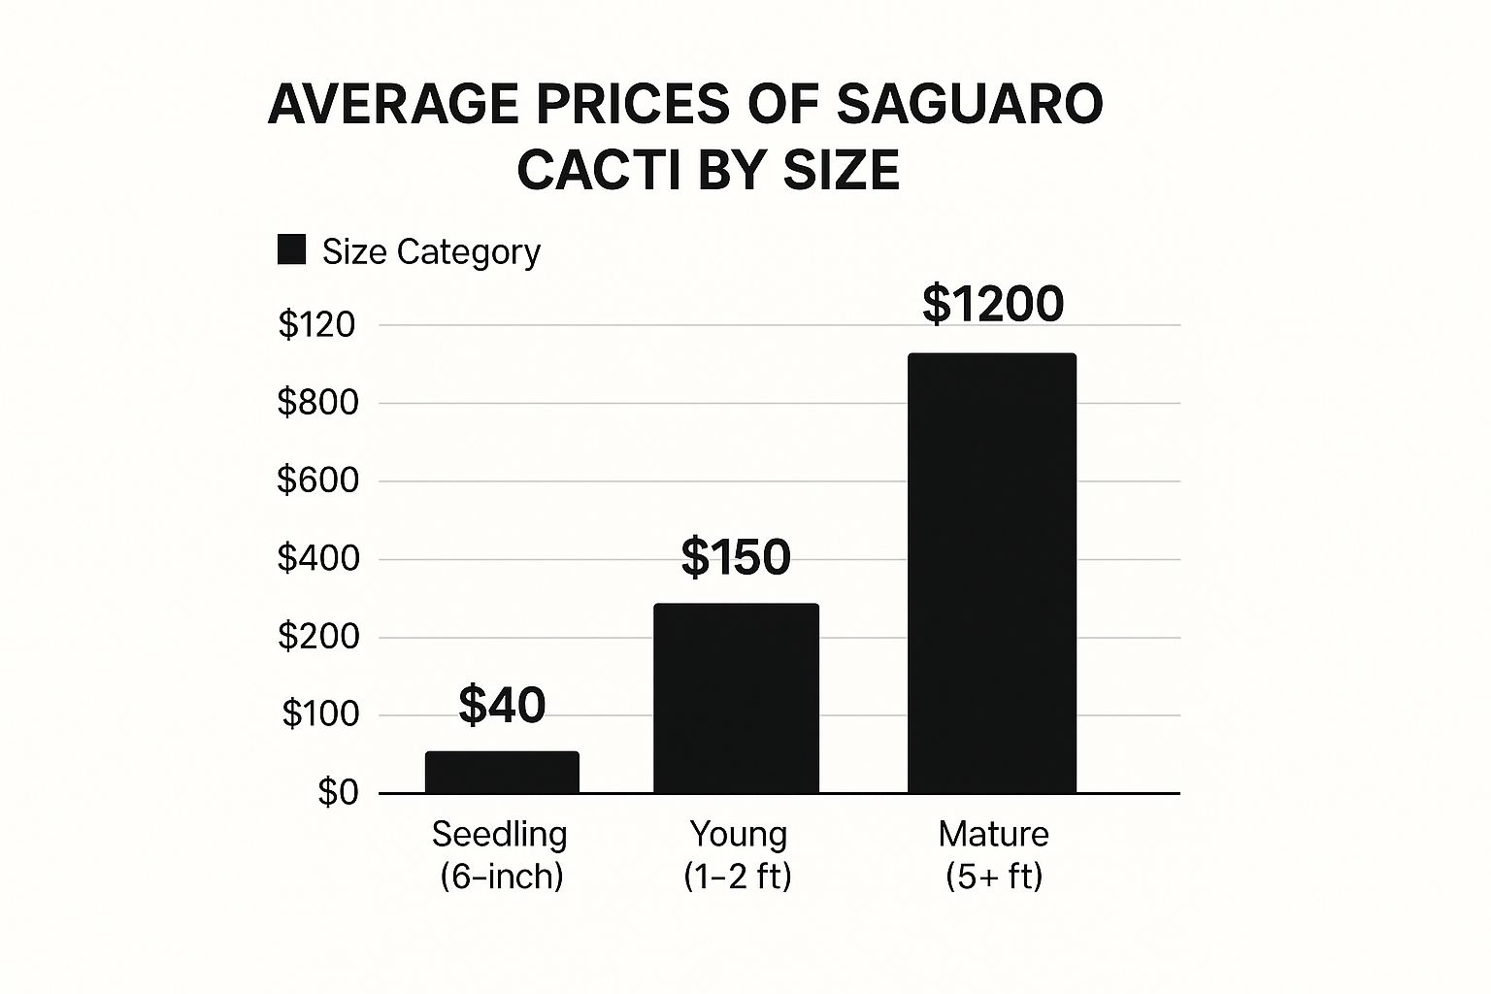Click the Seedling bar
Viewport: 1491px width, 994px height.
[x=502, y=772]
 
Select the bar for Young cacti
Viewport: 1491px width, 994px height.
[x=736, y=698]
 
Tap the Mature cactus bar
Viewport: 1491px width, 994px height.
[x=992, y=573]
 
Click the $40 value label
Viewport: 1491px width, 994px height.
[x=502, y=705]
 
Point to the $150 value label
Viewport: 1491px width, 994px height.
[x=736, y=557]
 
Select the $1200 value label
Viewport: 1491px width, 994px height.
[x=992, y=304]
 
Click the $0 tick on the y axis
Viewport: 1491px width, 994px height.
[x=338, y=793]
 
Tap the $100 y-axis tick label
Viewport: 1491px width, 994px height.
[x=320, y=714]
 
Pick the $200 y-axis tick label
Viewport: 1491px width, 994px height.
[x=318, y=637]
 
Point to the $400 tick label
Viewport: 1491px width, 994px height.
[x=318, y=558]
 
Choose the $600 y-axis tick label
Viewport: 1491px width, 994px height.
[x=318, y=480]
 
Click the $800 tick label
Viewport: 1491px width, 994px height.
[x=318, y=402]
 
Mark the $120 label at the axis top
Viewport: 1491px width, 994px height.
[x=317, y=324]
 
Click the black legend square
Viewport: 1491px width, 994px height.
[x=291, y=249]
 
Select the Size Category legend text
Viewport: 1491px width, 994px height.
[x=431, y=252]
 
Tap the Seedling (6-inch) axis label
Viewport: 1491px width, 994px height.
[x=501, y=855]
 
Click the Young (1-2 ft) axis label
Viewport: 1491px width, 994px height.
[x=738, y=855]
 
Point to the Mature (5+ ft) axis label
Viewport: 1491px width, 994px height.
[x=994, y=855]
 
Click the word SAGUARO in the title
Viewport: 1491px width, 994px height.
[x=969, y=104]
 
